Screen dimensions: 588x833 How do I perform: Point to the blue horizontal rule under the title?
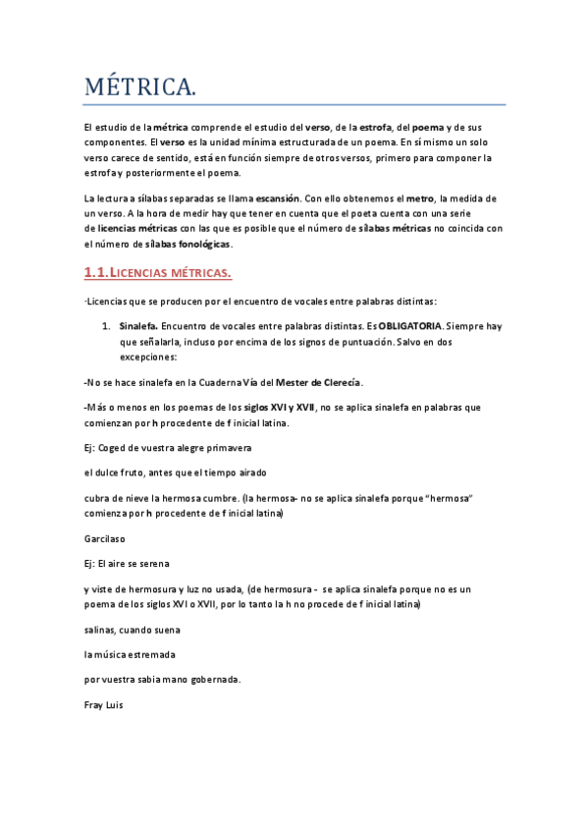click(294, 104)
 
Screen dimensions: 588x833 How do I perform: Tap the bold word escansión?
click(278, 197)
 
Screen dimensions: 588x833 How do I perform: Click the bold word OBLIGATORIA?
click(411, 325)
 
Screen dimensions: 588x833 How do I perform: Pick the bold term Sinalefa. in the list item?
click(138, 325)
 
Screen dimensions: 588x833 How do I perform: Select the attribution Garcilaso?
click(105, 538)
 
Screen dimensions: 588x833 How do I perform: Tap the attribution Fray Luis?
click(104, 704)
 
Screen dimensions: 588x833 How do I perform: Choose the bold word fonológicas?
click(204, 243)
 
